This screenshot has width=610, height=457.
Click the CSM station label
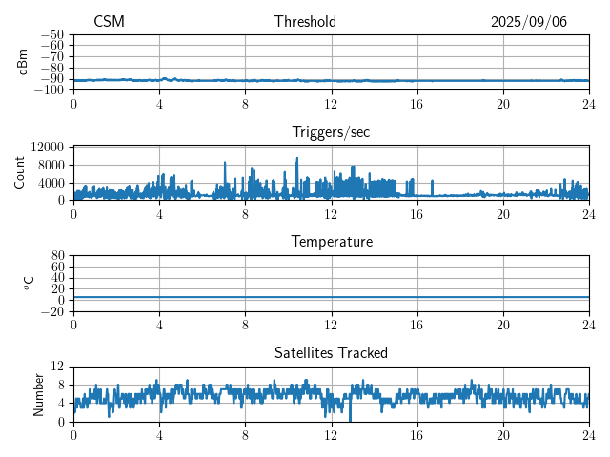pyautogui.click(x=109, y=22)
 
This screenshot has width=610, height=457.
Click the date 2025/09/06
pyautogui.click(x=529, y=22)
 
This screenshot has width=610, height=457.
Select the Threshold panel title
pyautogui.click(x=305, y=22)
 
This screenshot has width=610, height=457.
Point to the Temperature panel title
pyautogui.click(x=331, y=242)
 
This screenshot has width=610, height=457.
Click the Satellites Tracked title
pyautogui.click(x=331, y=352)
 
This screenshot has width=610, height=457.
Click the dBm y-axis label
pyautogui.click(x=23, y=62)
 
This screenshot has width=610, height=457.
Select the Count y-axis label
pyautogui.click(x=19, y=172)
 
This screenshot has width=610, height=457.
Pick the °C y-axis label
pyautogui.click(x=29, y=283)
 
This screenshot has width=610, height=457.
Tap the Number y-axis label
pyautogui.click(x=39, y=393)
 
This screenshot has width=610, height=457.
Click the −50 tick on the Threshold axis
pyautogui.click(x=52, y=34)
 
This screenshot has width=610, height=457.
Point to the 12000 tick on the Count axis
pyautogui.click(x=47, y=147)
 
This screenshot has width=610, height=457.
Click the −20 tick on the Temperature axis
pyautogui.click(x=52, y=311)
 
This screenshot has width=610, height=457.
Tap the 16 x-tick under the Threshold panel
pyautogui.click(x=417, y=104)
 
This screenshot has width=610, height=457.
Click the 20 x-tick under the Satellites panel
pyautogui.click(x=502, y=434)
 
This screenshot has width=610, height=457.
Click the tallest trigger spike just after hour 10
pyautogui.click(x=297, y=159)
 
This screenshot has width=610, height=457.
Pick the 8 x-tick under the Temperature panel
pyautogui.click(x=245, y=325)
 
